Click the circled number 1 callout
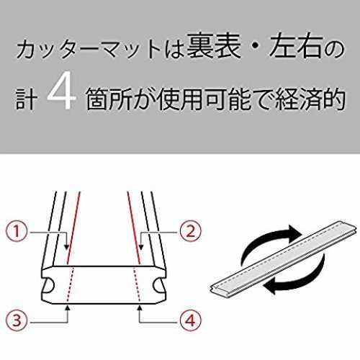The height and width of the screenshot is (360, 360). click(x=17, y=232)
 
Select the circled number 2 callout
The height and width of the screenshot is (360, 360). click(x=190, y=232)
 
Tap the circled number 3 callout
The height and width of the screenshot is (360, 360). click(x=17, y=320)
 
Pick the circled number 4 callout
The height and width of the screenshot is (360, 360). click(x=190, y=320)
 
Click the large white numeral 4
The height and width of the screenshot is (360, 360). click(x=61, y=91)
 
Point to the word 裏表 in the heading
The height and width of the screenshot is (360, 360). click(x=214, y=46)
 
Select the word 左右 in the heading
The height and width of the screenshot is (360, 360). click(x=295, y=46)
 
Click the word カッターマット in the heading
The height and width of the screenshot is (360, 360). click(x=89, y=49)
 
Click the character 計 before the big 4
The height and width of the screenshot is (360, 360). click(x=27, y=100)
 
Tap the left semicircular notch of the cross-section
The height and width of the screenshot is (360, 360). click(x=49, y=285)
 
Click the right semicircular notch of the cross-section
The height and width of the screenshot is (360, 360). click(x=158, y=285)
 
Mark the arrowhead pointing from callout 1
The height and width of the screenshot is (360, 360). click(x=67, y=247)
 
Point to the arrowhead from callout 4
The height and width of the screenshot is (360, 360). click(x=140, y=307)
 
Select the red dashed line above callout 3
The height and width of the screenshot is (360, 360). click(x=70, y=284)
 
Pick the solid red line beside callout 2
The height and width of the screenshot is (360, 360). click(x=133, y=228)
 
